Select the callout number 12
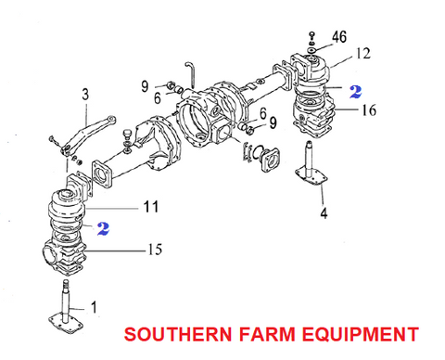tap(361, 53)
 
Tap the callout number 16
tap(370, 109)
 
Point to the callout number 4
tap(324, 214)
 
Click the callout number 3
tap(85, 94)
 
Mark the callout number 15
tap(155, 249)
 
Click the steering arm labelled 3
tap(88, 124)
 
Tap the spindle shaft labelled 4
tap(312, 172)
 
